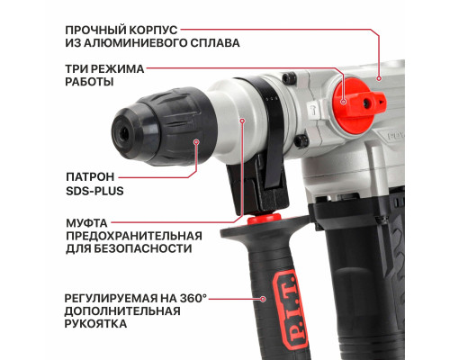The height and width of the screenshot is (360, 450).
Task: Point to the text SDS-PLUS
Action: point(94,191)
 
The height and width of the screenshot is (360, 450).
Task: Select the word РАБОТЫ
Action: point(89,82)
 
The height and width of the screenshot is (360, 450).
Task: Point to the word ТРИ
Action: point(77,67)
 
